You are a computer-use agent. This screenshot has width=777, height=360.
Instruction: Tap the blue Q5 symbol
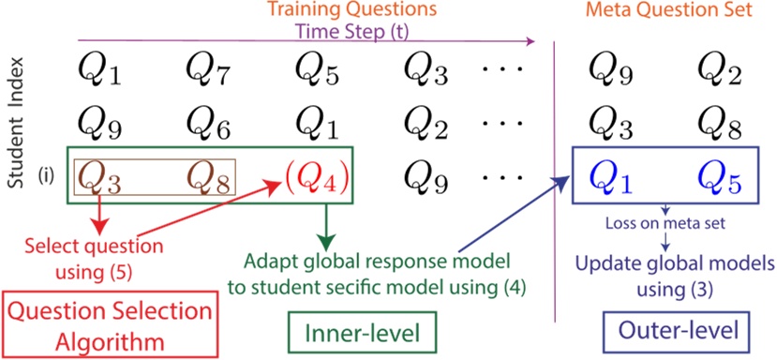tap(717, 175)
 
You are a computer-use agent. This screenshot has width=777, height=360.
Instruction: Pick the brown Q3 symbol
tap(98, 175)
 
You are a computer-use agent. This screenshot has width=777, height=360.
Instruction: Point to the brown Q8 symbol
tap(206, 175)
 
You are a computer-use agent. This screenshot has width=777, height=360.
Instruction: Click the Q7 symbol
tap(206, 66)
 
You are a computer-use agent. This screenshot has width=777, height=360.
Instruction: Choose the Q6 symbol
tap(206, 120)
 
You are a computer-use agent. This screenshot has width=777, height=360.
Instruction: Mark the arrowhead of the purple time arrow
tap(530, 40)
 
